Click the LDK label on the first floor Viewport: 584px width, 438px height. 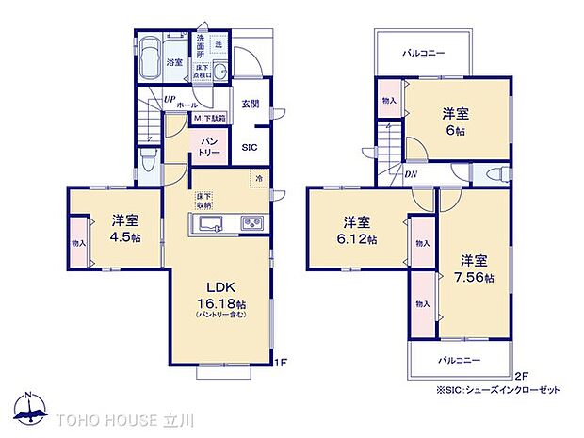pos(219,286)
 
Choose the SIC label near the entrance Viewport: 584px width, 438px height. pos(249,147)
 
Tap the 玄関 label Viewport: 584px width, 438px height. pos(250,105)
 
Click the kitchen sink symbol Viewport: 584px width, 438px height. pos(210,223)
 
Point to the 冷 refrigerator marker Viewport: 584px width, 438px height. pos(256,176)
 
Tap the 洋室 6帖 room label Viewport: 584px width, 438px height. pos(457,120)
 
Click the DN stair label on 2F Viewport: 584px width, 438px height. pos(412,175)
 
